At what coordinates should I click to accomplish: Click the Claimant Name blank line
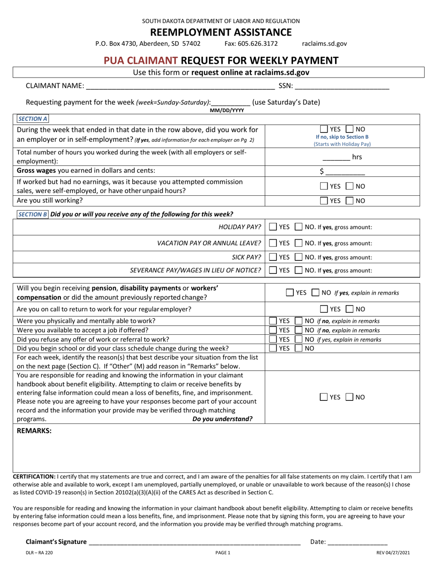pyautogui.click(x=180, y=86)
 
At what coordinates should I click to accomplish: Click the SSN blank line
pyautogui.click(x=341, y=86)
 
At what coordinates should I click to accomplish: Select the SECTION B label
pyautogui.click(x=32, y=214)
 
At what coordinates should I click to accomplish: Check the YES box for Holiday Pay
pyautogui.click(x=273, y=227)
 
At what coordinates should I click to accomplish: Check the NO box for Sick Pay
pyautogui.click(x=299, y=257)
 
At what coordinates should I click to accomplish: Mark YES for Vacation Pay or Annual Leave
pyautogui.click(x=273, y=243)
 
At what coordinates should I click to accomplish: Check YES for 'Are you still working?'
pyautogui.click(x=324, y=201)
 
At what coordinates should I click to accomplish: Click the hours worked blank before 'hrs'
pyautogui.click(x=336, y=157)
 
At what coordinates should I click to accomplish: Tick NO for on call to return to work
pyautogui.click(x=351, y=309)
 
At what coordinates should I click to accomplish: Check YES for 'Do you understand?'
pyautogui.click(x=324, y=397)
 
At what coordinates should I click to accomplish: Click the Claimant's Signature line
pyautogui.click(x=194, y=542)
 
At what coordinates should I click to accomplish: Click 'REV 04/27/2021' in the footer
pyautogui.click(x=393, y=552)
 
